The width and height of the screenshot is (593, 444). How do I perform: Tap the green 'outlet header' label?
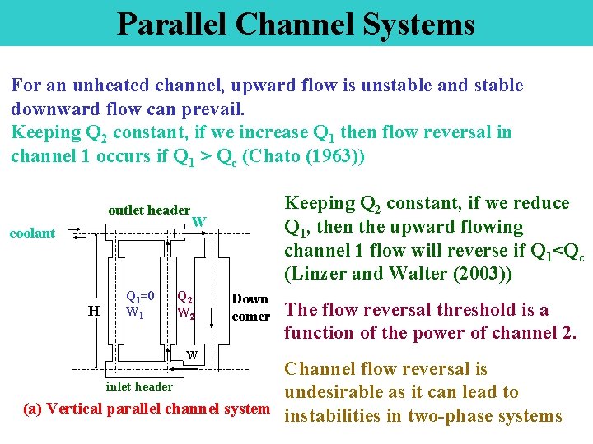click(x=149, y=210)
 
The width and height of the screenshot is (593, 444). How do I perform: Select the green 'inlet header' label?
click(x=140, y=386)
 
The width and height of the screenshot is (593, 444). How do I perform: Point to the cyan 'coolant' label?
click(x=31, y=234)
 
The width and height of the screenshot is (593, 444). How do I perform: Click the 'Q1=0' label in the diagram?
click(x=140, y=296)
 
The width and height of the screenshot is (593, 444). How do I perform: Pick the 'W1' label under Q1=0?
click(x=136, y=312)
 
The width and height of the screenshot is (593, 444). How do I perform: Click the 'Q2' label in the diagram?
click(x=185, y=298)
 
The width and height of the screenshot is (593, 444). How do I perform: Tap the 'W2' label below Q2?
click(x=186, y=313)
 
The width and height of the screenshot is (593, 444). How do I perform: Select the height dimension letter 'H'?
click(x=95, y=310)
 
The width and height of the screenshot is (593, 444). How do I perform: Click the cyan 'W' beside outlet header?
click(x=198, y=221)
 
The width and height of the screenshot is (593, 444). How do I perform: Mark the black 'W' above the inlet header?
click(x=191, y=356)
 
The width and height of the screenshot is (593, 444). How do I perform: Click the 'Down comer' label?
click(x=250, y=308)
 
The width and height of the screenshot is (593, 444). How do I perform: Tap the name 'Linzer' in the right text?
click(x=318, y=273)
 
